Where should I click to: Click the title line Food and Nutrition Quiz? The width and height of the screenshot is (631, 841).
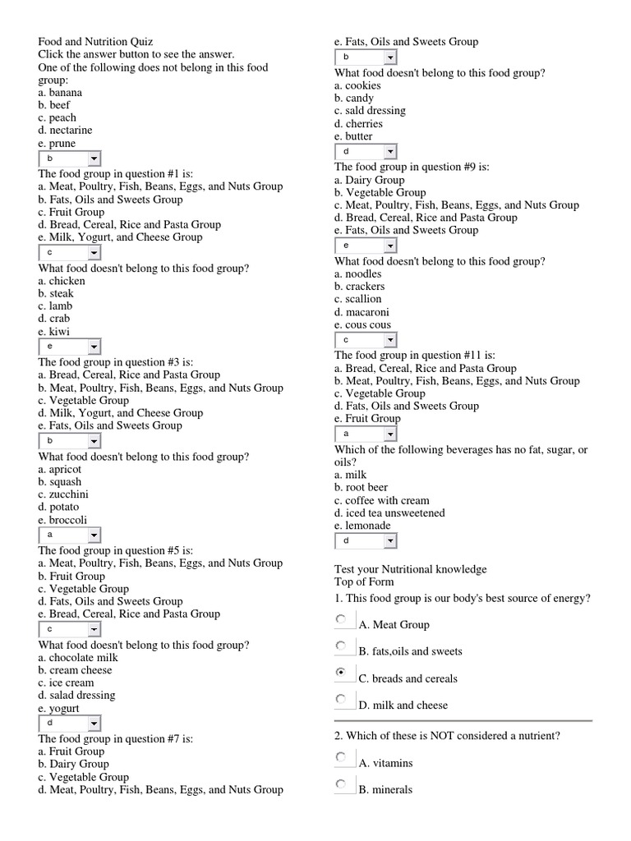coord(95,42)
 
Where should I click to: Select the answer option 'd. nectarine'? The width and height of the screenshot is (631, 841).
coord(65,130)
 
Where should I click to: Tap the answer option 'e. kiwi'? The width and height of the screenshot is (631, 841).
coord(53,331)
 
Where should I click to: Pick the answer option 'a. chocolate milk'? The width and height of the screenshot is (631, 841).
coord(78,657)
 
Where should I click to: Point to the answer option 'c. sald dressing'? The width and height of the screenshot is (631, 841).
coord(370,111)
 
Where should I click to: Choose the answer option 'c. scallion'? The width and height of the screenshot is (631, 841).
coord(357,299)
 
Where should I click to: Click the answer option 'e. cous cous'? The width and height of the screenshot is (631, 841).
coord(362,324)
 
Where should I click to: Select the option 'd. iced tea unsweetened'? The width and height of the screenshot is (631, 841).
coord(389,512)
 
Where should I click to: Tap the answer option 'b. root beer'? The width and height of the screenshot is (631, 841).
coord(361,487)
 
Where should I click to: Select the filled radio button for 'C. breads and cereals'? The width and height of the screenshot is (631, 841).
coord(341,672)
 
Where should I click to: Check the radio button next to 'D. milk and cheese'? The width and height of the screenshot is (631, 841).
coord(341,699)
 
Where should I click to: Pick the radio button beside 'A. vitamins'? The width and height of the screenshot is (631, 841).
coord(341,756)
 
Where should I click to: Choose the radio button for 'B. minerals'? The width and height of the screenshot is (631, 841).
coord(341,784)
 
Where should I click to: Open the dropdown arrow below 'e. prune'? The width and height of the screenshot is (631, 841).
coord(94,159)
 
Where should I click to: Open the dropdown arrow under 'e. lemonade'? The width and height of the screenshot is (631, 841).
coord(390,540)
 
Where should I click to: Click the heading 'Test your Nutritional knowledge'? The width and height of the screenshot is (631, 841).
coord(410,569)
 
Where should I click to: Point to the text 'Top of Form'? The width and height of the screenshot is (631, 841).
coord(364,582)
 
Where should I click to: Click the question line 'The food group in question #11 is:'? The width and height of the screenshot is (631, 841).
coord(414,356)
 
